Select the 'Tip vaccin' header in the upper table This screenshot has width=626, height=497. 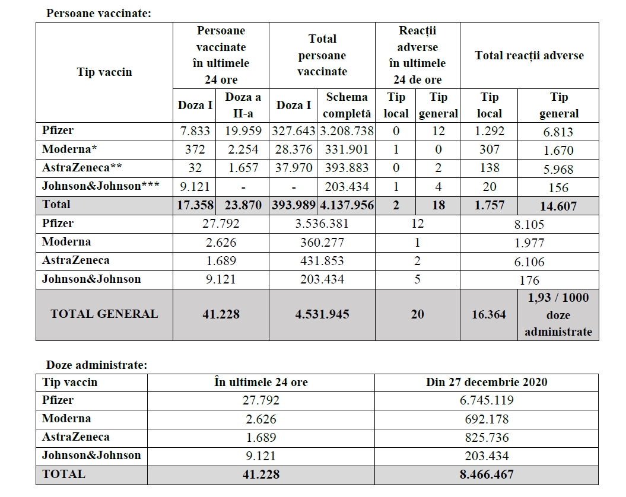104,72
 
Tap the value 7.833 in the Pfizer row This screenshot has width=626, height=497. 195,131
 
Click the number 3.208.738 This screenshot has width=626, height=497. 347,131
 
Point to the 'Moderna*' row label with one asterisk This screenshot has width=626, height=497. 70,149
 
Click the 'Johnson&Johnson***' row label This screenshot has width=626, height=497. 100,186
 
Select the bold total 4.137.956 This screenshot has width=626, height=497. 347,205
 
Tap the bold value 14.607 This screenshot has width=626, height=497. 558,206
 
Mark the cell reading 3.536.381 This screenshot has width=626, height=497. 322,224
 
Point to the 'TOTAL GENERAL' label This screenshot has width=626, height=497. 104,314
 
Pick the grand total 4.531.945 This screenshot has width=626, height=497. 322,314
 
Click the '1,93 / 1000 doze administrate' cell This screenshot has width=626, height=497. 558,314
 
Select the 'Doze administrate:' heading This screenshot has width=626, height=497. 96,365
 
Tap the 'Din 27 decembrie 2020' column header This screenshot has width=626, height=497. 487,383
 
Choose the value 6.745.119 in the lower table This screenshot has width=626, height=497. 487,400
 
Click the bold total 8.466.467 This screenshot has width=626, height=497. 487,474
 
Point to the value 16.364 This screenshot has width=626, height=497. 489,314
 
